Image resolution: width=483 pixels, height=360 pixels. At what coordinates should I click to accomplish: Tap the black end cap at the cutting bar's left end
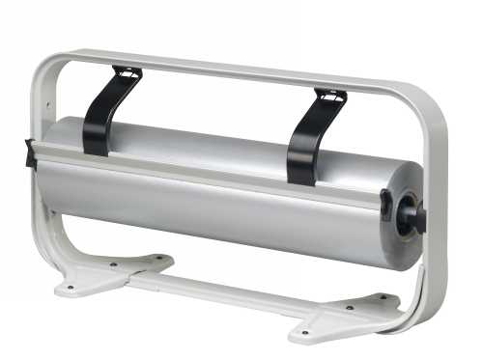click(31, 153)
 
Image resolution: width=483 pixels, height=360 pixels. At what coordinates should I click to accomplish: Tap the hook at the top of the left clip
click(126, 71)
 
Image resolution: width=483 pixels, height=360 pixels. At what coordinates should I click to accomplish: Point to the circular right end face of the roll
click(405, 217)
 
